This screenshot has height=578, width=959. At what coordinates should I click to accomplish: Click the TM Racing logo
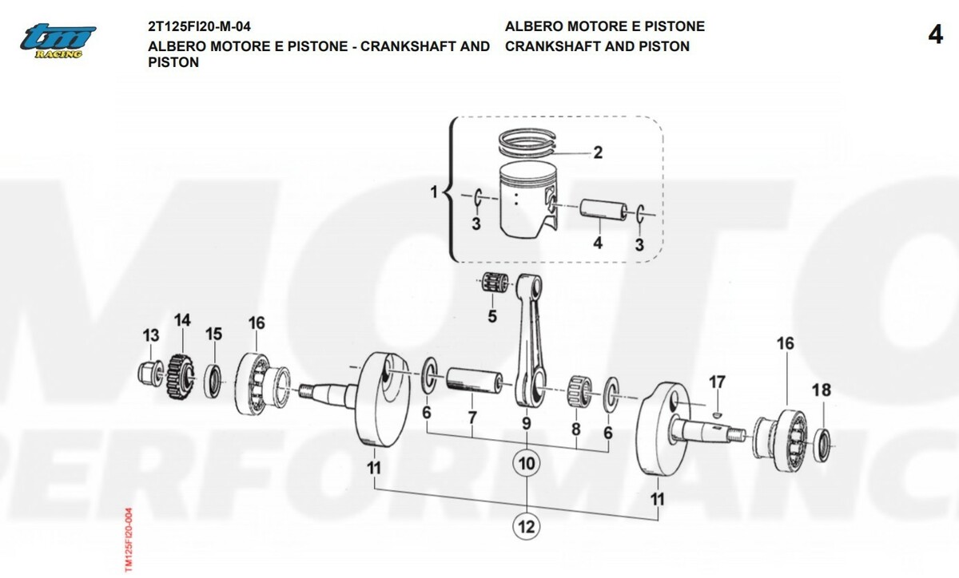point(58,41)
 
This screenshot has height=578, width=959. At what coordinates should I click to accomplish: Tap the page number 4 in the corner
point(935,35)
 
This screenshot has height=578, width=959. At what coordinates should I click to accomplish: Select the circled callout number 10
point(527,463)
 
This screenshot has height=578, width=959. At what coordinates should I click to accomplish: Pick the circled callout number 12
point(527,526)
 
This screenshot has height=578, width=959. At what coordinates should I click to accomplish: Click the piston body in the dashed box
point(529,201)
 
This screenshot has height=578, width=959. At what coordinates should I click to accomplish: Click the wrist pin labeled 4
point(603,210)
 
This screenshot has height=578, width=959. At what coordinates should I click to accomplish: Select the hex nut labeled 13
point(150,373)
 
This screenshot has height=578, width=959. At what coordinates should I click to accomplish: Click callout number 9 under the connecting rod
point(527,424)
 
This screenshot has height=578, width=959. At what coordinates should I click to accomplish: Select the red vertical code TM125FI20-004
point(129,540)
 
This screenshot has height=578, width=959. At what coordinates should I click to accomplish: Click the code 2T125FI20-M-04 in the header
point(200,26)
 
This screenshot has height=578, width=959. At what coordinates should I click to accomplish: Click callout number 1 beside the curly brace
point(434,192)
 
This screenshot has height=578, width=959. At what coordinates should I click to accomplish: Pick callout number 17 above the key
point(717,382)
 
